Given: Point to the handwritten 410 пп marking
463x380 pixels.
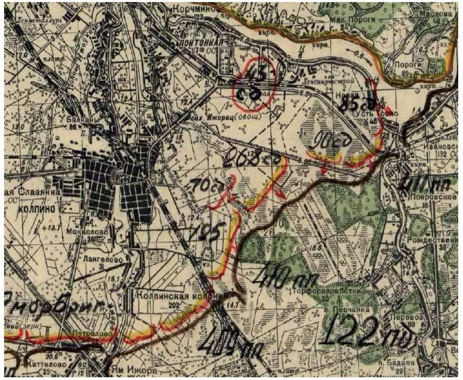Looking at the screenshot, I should tap(279, 278).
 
